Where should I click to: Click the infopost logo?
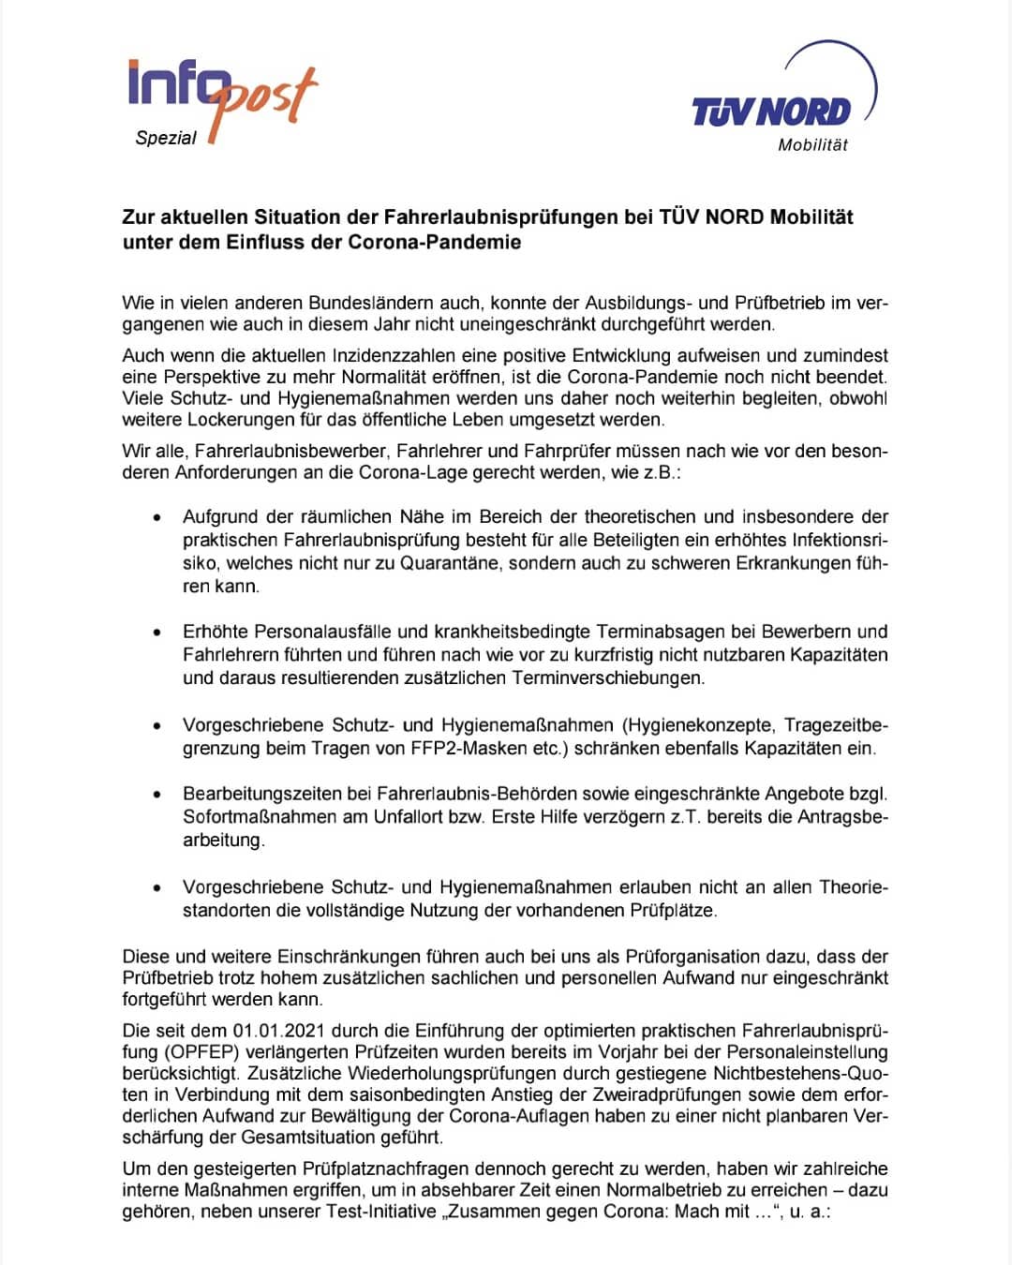221,94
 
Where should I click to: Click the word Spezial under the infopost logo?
166,139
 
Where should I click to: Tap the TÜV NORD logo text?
770,112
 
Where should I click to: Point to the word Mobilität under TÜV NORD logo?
812,145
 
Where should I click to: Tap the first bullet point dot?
157,517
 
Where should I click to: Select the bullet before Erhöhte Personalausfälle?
157,632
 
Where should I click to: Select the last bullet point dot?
157,887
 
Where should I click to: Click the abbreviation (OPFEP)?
202,1052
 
